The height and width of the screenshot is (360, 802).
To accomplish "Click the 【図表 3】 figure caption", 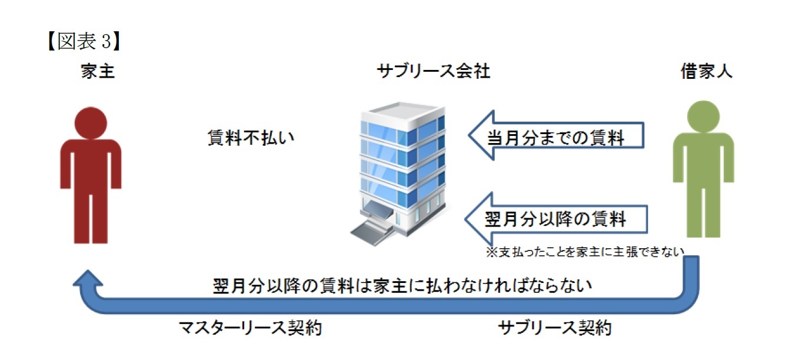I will [x=84, y=42].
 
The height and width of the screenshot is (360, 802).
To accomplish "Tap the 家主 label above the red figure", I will [x=96, y=73].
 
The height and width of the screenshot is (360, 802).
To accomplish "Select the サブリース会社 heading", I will [x=434, y=72].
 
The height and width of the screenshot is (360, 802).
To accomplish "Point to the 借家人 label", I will [x=706, y=72].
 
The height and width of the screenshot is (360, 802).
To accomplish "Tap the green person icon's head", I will [x=704, y=116].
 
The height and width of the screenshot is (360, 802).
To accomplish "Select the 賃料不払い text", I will [x=249, y=138].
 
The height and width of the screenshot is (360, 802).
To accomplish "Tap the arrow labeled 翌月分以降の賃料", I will [x=556, y=220].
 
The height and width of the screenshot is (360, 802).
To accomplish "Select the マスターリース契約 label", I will [x=250, y=328].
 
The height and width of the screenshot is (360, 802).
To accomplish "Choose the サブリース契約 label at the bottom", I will [x=554, y=328].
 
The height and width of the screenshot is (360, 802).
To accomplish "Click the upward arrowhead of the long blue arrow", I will [x=86, y=280].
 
